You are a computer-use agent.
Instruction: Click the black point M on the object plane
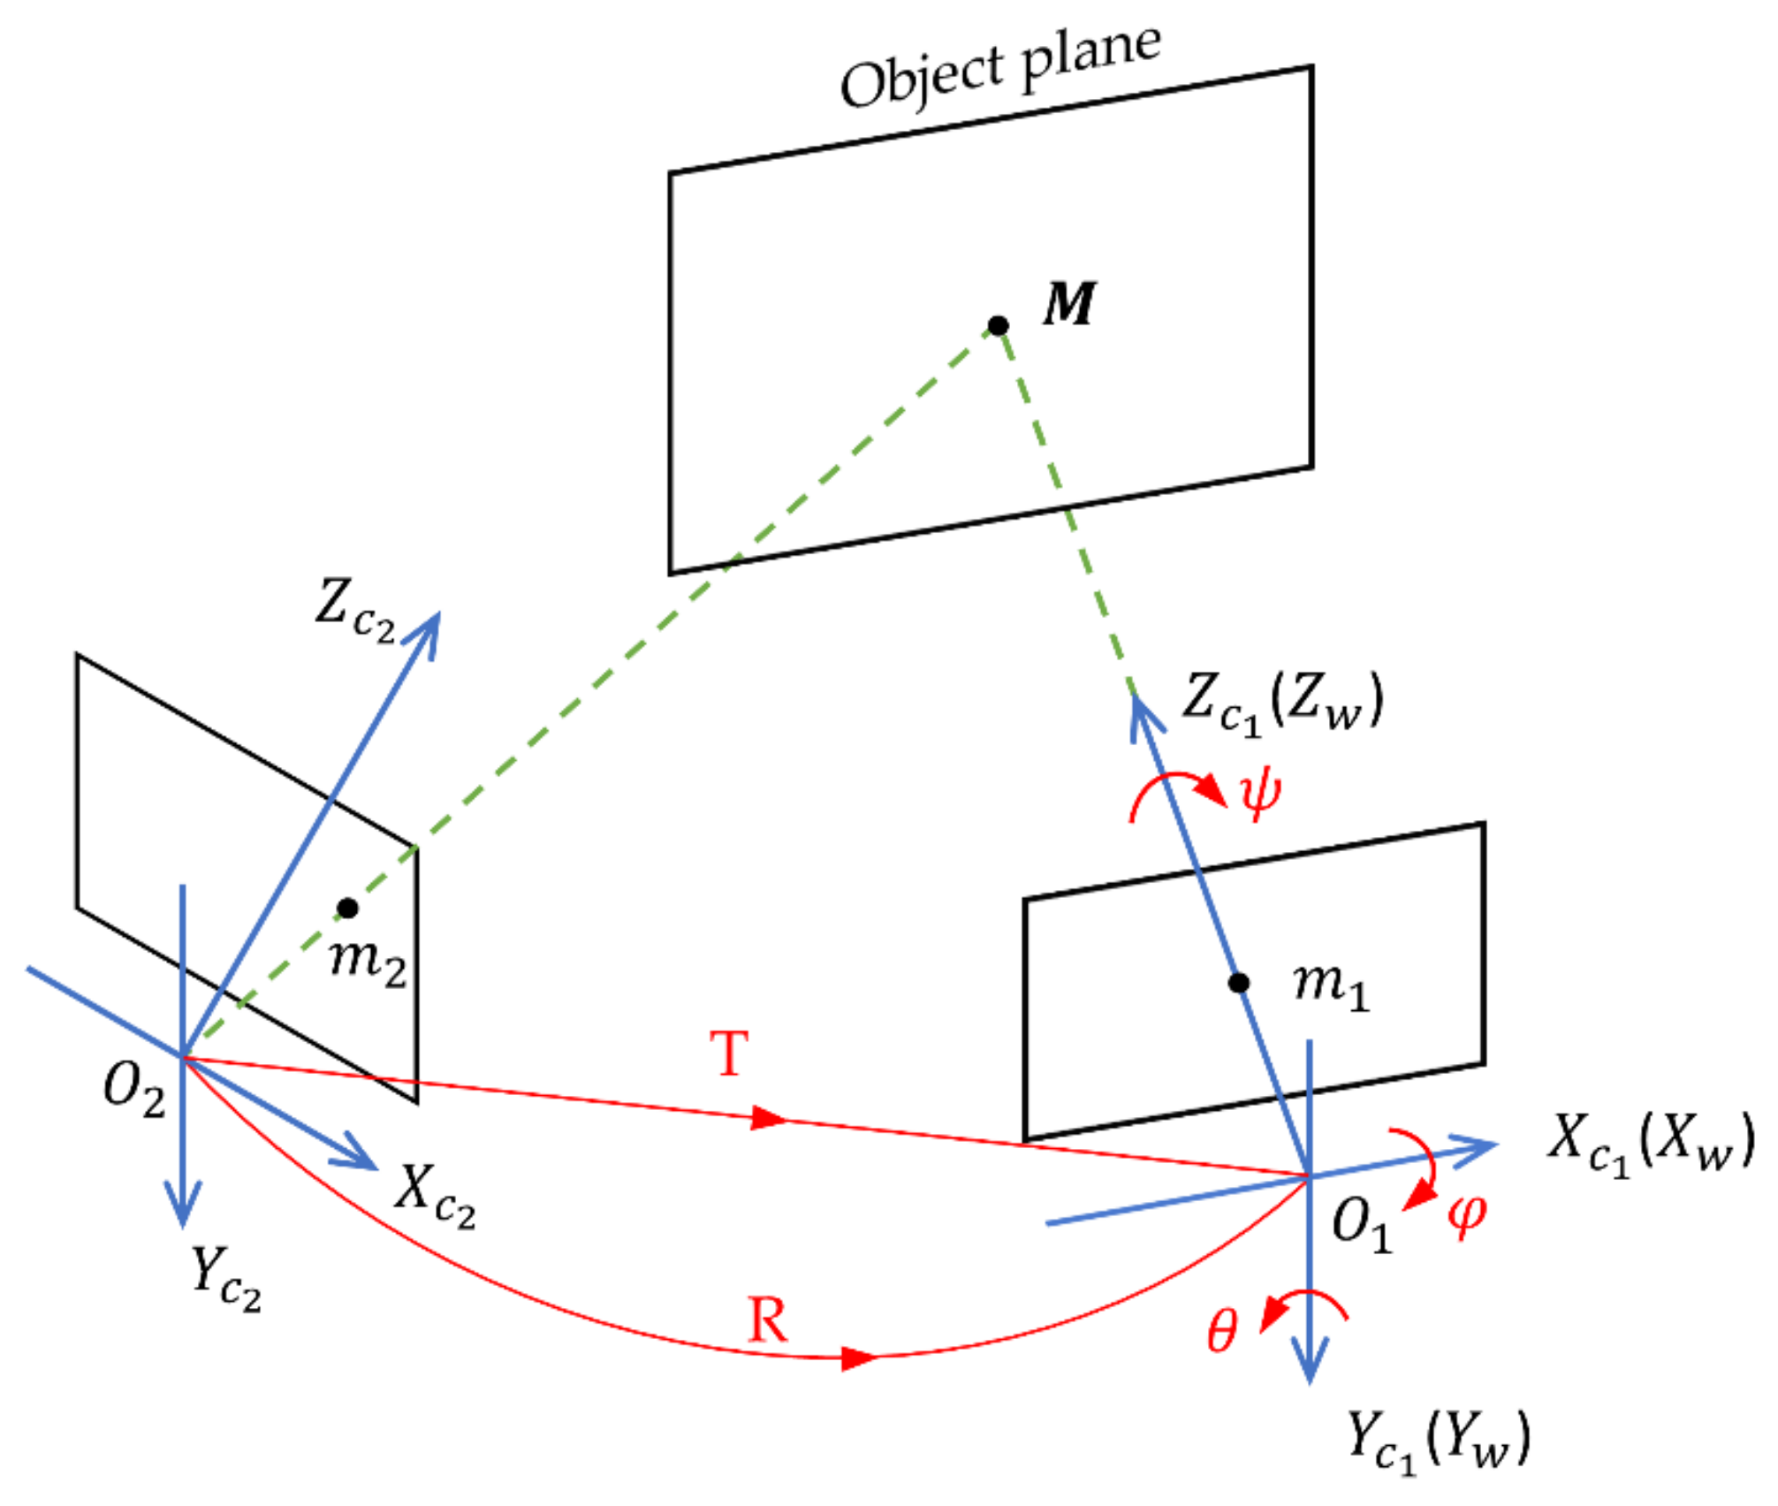(x=998, y=326)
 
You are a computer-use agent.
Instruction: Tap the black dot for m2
(x=348, y=908)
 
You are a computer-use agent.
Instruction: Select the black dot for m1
(x=1239, y=983)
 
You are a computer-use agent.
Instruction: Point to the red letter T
(x=730, y=1053)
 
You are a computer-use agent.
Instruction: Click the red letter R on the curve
(x=767, y=1321)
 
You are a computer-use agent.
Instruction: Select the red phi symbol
(x=1467, y=1216)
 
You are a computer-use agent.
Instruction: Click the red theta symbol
(x=1222, y=1331)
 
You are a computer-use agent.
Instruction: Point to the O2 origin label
(x=134, y=1087)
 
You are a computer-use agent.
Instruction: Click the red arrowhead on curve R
(x=857, y=1358)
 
